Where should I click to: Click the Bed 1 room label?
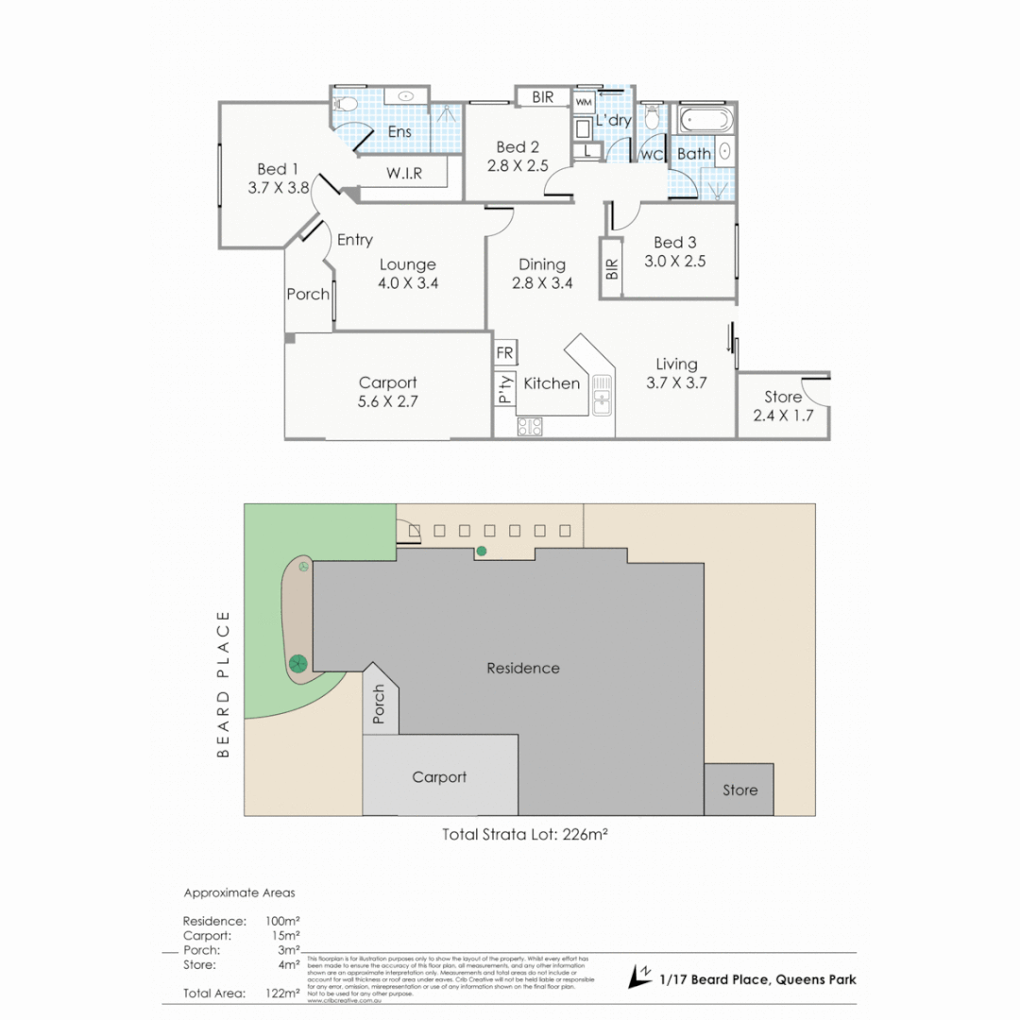[x=272, y=169]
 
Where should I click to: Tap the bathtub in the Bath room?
[x=704, y=121]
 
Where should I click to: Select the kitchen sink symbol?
[x=601, y=394]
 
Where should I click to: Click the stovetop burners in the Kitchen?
[x=530, y=427]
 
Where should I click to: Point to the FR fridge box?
[x=504, y=353]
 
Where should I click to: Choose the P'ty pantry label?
[x=505, y=389]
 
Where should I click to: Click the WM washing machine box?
[x=584, y=101]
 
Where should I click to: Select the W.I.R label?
[x=403, y=174]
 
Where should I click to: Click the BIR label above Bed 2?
[x=543, y=97]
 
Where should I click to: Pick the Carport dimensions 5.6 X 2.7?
[x=388, y=400]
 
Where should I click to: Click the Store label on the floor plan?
[x=782, y=398]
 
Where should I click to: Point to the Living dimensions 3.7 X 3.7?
[x=676, y=382]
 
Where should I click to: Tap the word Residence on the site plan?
[x=522, y=668]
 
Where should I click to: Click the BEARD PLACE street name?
[x=224, y=684]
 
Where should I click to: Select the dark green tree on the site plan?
[x=298, y=663]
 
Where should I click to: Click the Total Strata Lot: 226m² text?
[x=531, y=834]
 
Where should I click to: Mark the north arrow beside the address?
[x=640, y=976]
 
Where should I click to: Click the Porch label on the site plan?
[x=380, y=705]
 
